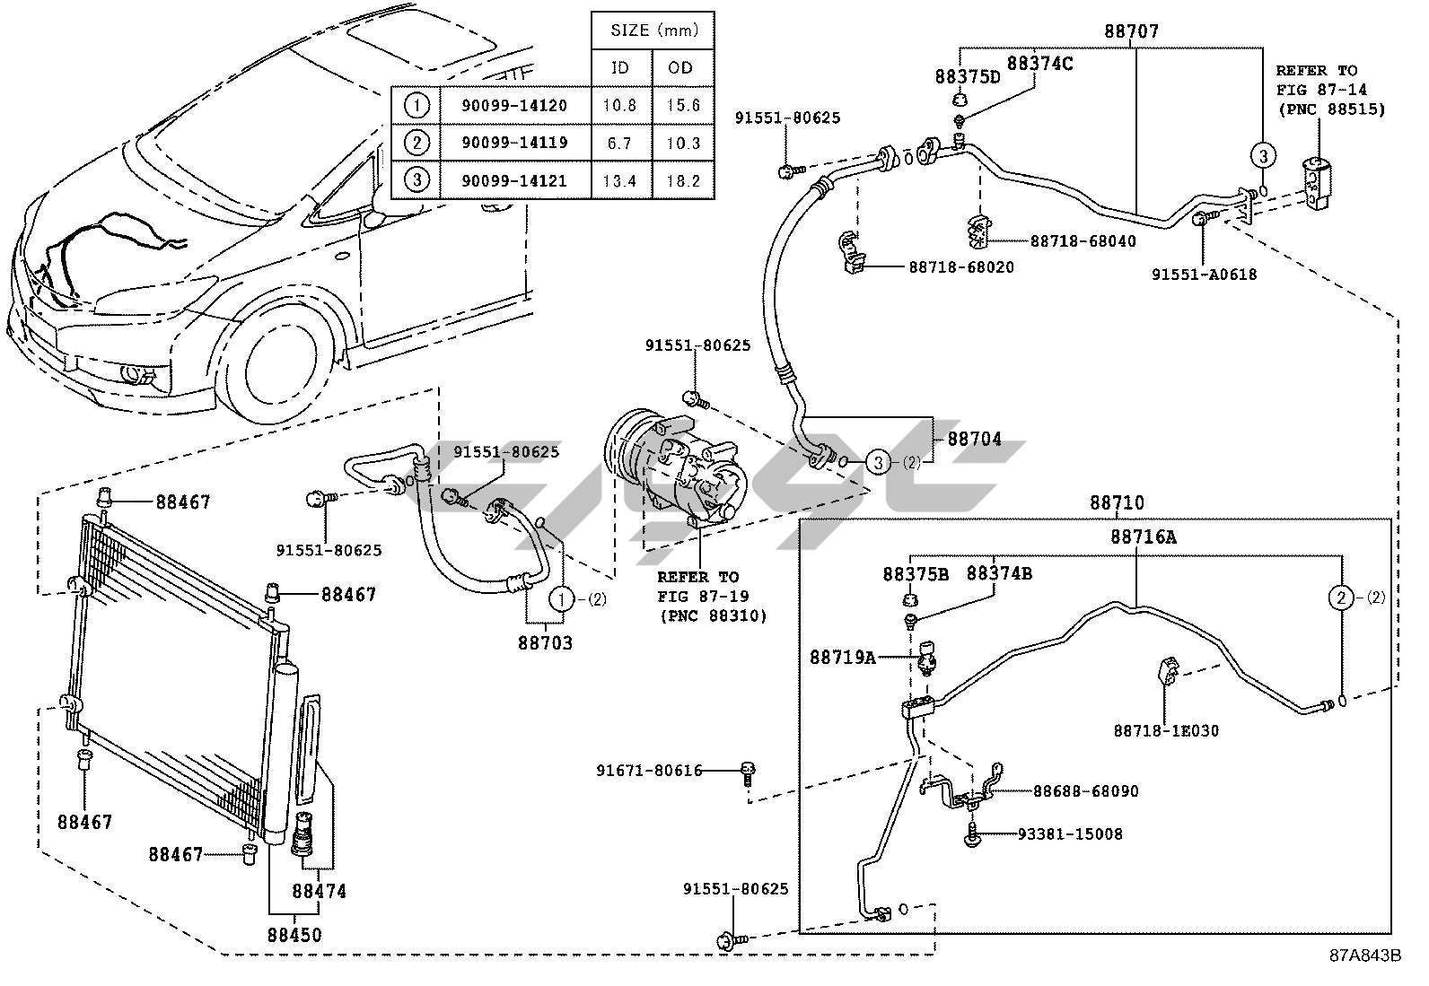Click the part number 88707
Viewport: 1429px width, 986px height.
tap(1131, 31)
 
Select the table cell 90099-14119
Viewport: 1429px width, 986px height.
tap(514, 143)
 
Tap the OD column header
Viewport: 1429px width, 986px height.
tap(682, 67)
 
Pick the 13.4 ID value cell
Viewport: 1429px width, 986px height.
tap(619, 180)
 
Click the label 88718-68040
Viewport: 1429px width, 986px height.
tap(1083, 241)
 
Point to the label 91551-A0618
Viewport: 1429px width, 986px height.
tap(1205, 275)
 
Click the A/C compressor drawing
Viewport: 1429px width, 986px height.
tap(679, 466)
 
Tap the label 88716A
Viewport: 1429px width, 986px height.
tap(1143, 537)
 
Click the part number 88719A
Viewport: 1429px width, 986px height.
tap(842, 658)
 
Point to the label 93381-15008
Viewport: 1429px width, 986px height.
tap(1070, 834)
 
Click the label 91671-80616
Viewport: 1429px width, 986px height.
tap(649, 770)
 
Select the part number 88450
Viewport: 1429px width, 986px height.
tap(294, 935)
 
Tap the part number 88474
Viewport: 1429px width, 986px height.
tap(319, 892)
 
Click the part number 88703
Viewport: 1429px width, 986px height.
tap(545, 643)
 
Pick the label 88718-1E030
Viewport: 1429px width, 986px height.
tap(1167, 731)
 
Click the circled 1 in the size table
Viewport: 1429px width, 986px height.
tap(416, 105)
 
